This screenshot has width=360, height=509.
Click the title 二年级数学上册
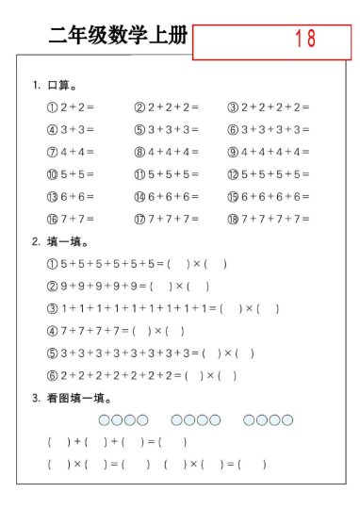(x=119, y=38)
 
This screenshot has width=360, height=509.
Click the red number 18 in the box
(x=304, y=40)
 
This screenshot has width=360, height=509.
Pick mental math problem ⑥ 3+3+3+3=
(x=268, y=130)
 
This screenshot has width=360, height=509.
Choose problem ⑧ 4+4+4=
(x=168, y=152)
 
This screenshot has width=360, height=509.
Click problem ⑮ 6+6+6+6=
(x=268, y=197)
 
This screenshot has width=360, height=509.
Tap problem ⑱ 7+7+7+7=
(x=268, y=219)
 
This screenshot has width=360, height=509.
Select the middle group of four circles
(x=195, y=419)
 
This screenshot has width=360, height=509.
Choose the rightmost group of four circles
(x=268, y=419)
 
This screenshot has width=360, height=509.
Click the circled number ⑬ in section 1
(x=52, y=197)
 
